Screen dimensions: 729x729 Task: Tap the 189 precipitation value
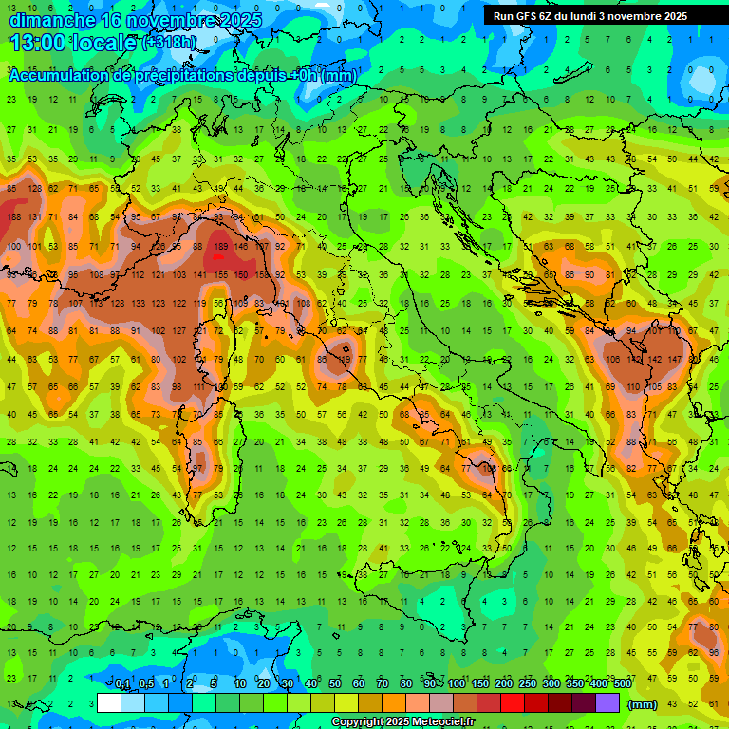point(220,247)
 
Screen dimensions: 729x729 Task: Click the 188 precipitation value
point(14,217)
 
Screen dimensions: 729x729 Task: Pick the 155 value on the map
point(220,275)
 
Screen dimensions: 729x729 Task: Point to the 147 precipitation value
point(674,360)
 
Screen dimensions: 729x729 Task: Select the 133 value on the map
point(138,304)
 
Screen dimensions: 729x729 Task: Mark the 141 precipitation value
point(199,275)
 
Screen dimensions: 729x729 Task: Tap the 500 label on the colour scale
point(622,684)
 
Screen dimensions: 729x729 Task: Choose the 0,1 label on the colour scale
point(122,684)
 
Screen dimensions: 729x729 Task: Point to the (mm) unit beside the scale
point(643,704)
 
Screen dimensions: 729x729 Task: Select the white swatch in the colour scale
point(108,703)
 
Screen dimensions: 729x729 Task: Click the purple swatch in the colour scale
point(607,703)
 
